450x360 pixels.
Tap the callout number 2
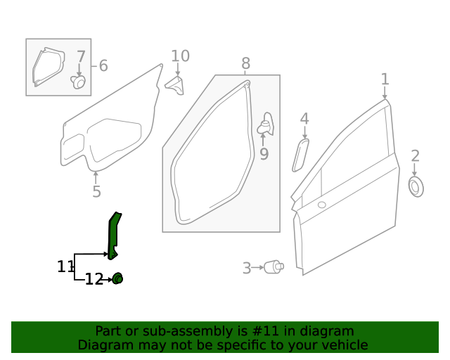click(x=415, y=155)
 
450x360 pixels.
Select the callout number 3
click(x=247, y=268)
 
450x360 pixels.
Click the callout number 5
click(x=96, y=192)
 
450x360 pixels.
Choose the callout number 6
click(x=103, y=66)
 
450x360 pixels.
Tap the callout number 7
click(x=81, y=56)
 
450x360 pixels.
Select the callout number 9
click(x=264, y=153)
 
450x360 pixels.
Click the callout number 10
click(x=180, y=56)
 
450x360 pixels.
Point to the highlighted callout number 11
click(x=65, y=266)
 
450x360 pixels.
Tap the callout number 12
click(x=94, y=280)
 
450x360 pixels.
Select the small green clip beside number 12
click(x=117, y=279)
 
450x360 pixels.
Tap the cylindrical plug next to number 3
click(x=274, y=267)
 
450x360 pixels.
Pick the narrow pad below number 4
click(x=300, y=155)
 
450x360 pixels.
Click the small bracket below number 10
click(x=175, y=85)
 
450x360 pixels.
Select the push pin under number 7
click(x=79, y=83)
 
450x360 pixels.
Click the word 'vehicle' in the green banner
click(x=343, y=345)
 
